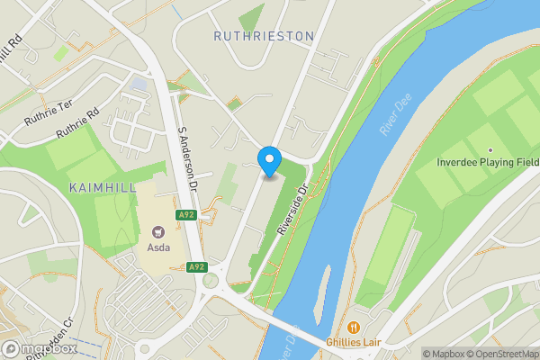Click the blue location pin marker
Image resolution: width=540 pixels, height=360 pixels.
coord(269,160)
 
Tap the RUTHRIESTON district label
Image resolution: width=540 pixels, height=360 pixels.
coord(264,36)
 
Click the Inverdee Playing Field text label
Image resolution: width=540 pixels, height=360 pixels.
coord(487,162)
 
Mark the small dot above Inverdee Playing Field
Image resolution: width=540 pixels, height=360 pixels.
coord(490,150)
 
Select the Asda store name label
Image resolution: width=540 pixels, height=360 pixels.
coord(158,245)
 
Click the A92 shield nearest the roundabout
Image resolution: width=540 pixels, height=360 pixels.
coord(196,267)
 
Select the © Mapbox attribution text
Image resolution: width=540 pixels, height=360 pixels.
coord(443,353)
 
